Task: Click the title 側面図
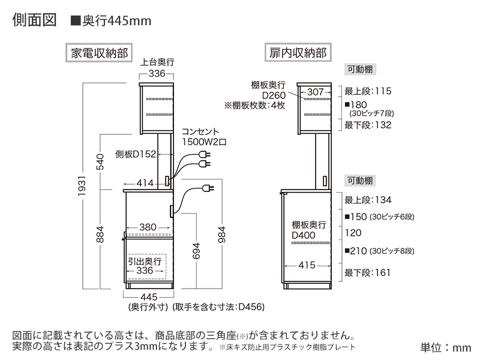pyautogui.click(x=34, y=19)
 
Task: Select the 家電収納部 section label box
pyautogui.click(x=98, y=52)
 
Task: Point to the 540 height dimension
pyautogui.click(x=100, y=160)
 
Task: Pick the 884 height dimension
pyautogui.click(x=100, y=235)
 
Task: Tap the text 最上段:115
pyautogui.click(x=368, y=92)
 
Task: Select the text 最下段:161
pyautogui.click(x=367, y=272)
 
